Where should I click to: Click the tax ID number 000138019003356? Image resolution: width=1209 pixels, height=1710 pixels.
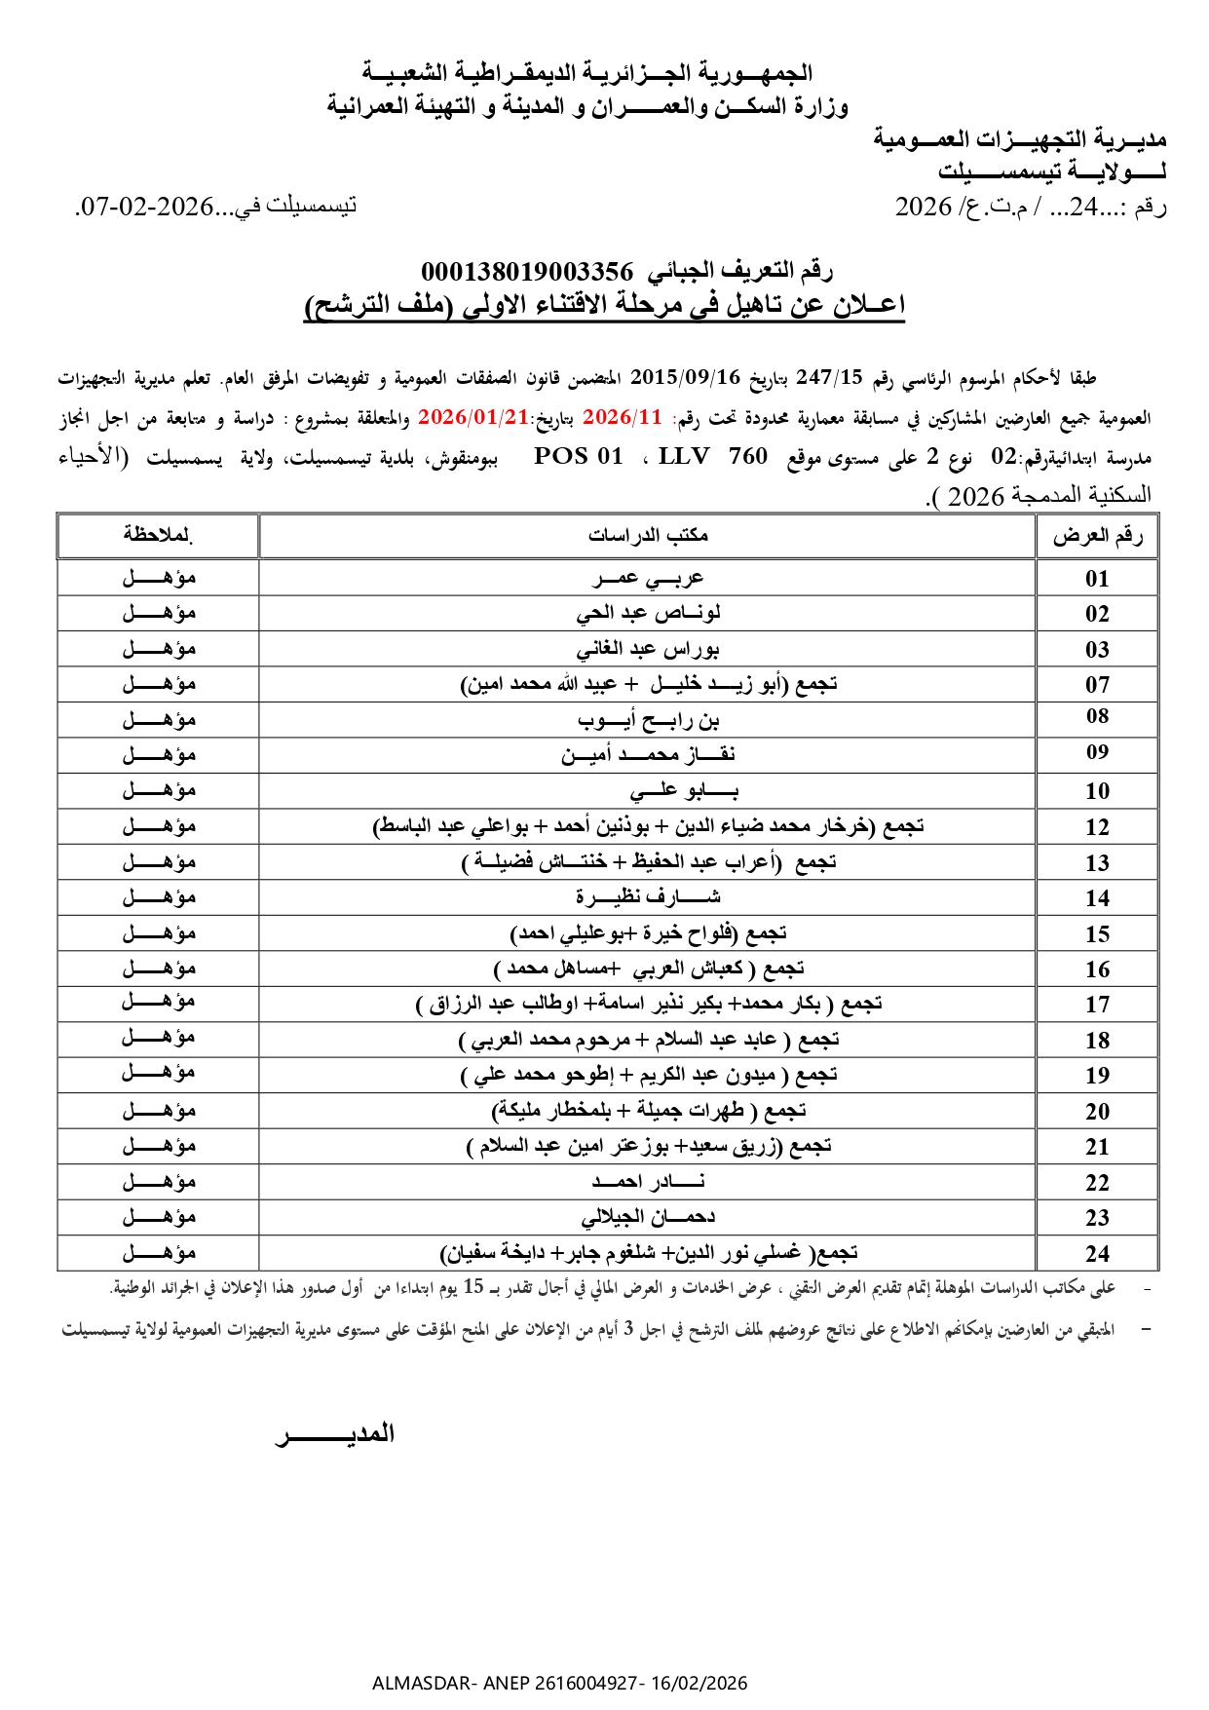click(x=526, y=271)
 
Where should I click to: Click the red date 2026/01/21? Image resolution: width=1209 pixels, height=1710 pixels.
click(x=472, y=417)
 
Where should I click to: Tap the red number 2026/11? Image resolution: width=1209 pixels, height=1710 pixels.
click(x=622, y=417)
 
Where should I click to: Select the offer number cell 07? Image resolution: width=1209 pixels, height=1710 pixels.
click(x=1097, y=685)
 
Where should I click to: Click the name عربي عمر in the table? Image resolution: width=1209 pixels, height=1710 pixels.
click(x=648, y=578)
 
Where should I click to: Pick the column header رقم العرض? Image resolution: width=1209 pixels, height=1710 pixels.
click(x=1097, y=535)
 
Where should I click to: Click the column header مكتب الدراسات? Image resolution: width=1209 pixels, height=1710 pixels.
click(x=648, y=535)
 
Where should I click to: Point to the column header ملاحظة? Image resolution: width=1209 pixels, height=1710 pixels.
click(x=158, y=535)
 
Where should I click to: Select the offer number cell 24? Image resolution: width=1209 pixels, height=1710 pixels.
click(x=1097, y=1254)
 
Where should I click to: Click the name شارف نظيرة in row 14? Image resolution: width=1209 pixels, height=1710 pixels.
click(x=648, y=897)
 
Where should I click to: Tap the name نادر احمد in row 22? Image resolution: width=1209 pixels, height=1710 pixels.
click(x=648, y=1182)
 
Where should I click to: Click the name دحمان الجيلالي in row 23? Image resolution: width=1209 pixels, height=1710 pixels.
click(x=648, y=1218)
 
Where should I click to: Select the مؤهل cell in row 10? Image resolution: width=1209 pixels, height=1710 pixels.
click(x=159, y=790)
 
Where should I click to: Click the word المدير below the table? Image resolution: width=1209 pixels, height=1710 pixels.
click(x=336, y=1433)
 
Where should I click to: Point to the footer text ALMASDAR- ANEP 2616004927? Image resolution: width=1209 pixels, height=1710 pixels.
click(x=559, y=1683)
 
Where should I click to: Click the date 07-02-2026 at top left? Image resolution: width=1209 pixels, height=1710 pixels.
click(x=146, y=207)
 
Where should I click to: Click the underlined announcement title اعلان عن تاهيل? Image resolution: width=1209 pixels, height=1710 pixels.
click(x=604, y=305)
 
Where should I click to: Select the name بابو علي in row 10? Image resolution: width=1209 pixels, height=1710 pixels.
click(x=682, y=791)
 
